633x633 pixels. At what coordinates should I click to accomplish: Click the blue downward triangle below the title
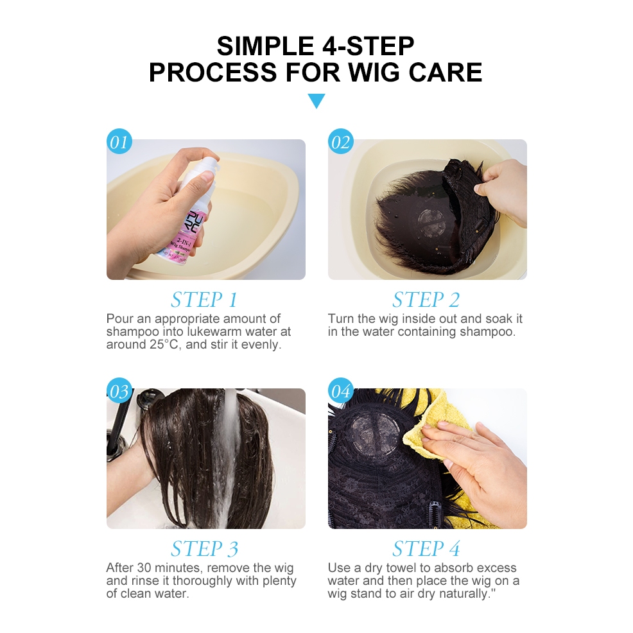pyautogui.click(x=316, y=100)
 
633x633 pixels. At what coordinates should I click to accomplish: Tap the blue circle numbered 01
pyautogui.click(x=119, y=141)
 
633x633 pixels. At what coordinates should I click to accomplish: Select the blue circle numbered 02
pyautogui.click(x=341, y=141)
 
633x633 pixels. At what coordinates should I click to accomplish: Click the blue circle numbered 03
pyautogui.click(x=119, y=390)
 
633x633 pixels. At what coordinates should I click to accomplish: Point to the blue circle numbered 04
pyautogui.click(x=341, y=390)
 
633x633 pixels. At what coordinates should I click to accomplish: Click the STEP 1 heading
pyautogui.click(x=204, y=300)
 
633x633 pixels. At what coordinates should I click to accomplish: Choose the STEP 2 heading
pyautogui.click(x=426, y=300)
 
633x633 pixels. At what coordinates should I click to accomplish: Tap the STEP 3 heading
pyautogui.click(x=204, y=549)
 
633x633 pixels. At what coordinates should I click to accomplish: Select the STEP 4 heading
pyautogui.click(x=426, y=549)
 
